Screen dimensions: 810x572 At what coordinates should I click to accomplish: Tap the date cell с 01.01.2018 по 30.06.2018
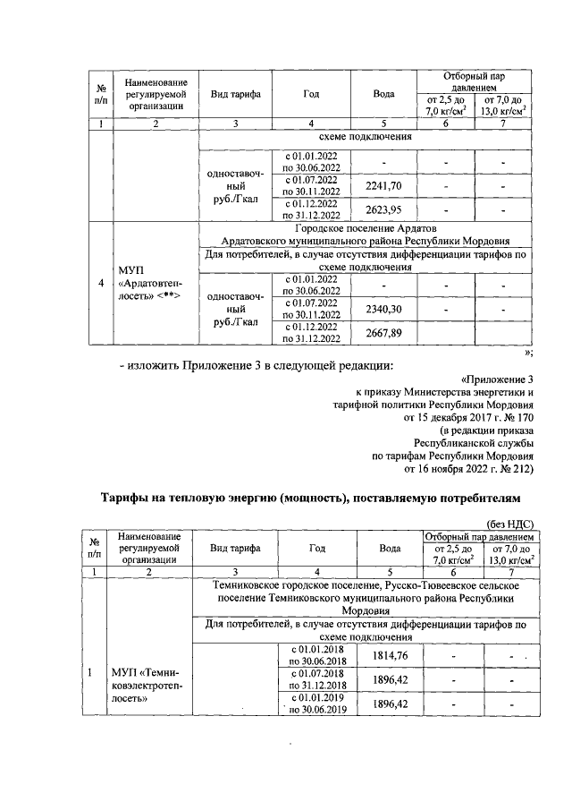click(313, 655)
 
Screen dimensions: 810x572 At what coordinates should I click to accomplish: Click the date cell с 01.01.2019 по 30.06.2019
click(313, 704)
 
